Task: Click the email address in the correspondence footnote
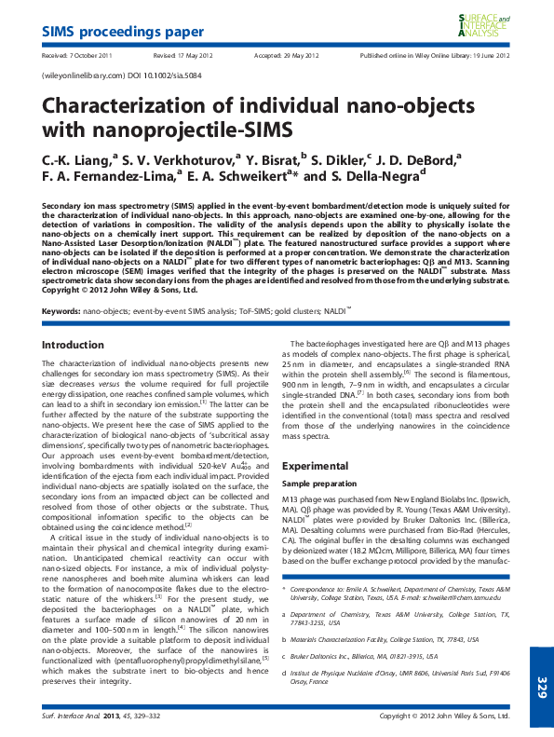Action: pyautogui.click(x=460, y=599)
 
